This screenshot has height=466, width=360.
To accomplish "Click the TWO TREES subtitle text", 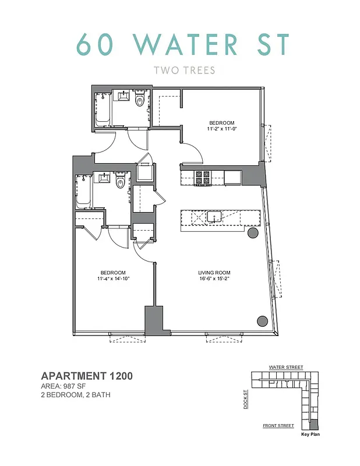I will (184, 70).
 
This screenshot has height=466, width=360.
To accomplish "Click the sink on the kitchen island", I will (214, 217).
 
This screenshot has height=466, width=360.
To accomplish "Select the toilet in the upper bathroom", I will (139, 101).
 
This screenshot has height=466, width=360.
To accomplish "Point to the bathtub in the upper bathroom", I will (103, 110).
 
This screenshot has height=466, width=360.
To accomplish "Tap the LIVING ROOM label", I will (215, 273).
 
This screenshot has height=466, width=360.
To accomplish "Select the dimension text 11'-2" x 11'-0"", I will (222, 128).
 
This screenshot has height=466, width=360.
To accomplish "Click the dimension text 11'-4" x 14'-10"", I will (113, 279).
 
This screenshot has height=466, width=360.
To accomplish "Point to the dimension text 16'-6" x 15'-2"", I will (215, 279).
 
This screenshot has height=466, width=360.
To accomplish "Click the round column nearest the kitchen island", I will (253, 233).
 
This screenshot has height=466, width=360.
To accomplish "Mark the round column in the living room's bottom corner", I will (262, 320).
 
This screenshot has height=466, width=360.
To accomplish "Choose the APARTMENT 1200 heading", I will (87, 376).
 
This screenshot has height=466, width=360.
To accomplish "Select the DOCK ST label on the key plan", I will (246, 400).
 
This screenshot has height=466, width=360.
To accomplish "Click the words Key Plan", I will (310, 434).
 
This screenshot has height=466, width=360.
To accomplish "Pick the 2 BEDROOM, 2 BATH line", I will (76, 396).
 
